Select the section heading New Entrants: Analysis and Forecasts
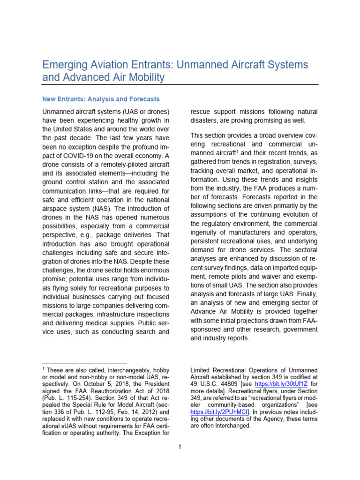[101, 99]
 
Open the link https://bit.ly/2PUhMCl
[219, 412]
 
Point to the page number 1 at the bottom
[180, 447]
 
